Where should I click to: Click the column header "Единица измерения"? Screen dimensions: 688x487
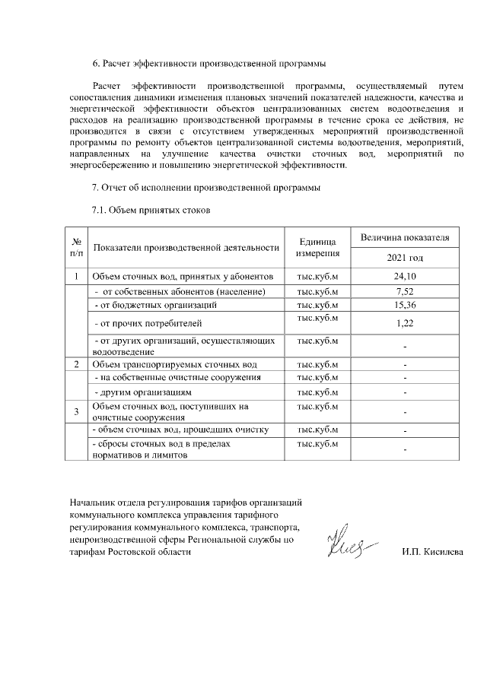pos(317,246)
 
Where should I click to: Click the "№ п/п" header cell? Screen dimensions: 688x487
pos(76,246)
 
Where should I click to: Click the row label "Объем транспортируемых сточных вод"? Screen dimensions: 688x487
pos(180,364)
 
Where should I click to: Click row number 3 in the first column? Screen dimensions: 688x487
pos(76,412)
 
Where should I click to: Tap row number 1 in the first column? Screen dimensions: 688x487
pos(76,277)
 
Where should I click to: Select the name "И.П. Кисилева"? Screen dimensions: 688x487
pos(432,552)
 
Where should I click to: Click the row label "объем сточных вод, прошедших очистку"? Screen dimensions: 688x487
pos(180,430)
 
